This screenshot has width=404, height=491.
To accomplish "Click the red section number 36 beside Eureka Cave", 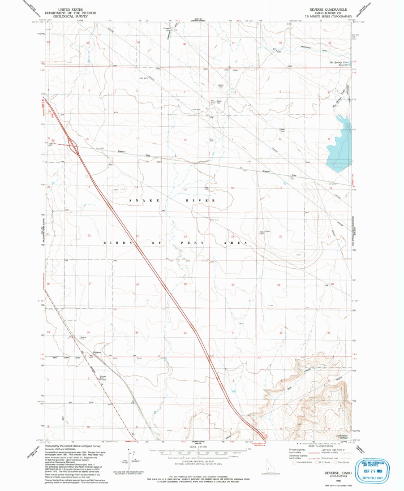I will tap(184, 44).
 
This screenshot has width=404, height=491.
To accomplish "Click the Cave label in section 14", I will tap(115, 190).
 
